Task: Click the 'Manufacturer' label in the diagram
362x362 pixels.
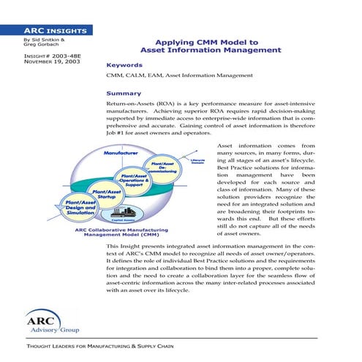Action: (121, 154)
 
